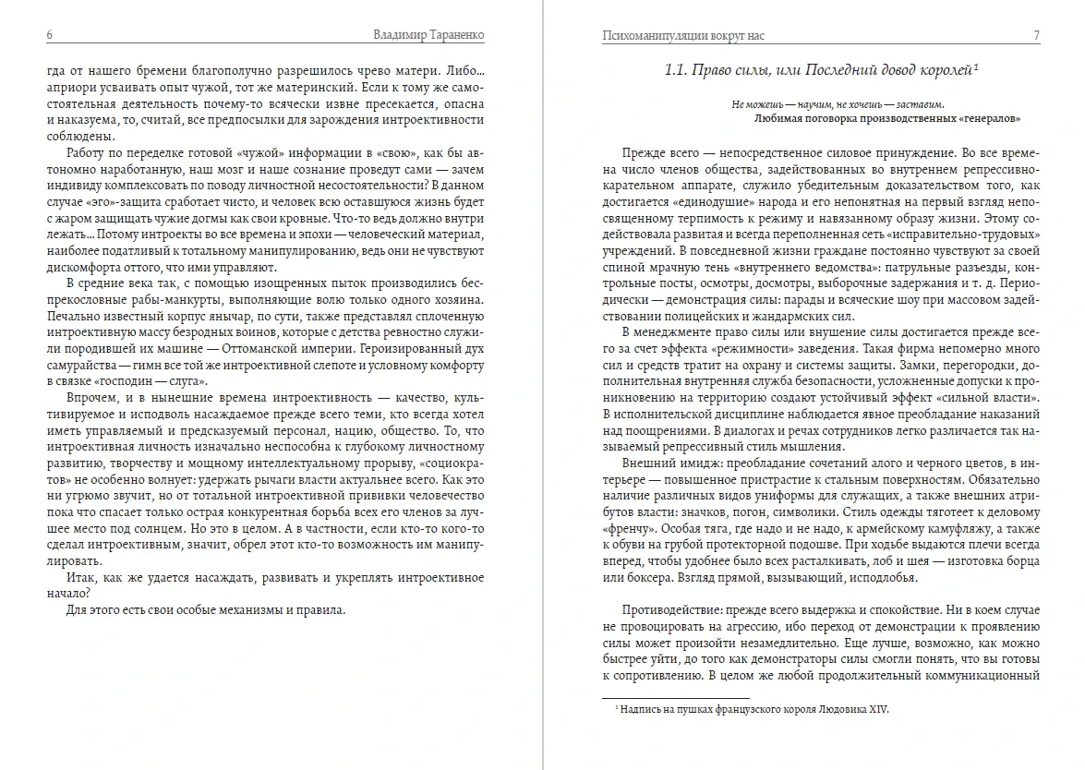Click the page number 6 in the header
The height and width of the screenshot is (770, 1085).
(x=48, y=35)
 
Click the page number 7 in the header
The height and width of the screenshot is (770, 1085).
(x=1037, y=35)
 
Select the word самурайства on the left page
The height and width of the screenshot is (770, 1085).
(x=81, y=366)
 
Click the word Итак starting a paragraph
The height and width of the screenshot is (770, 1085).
(x=84, y=577)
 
